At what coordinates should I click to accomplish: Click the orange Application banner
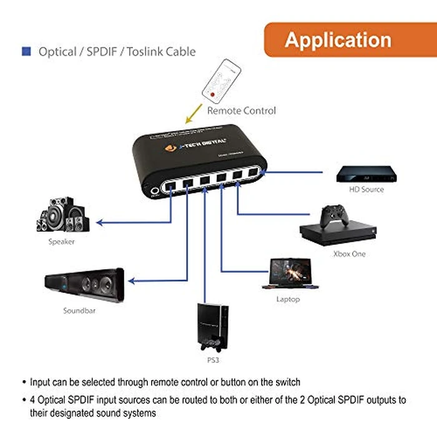pos(338,39)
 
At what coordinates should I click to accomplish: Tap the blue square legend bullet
pos(26,51)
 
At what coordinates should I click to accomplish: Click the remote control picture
pos(222,81)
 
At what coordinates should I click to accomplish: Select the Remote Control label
pos(242,110)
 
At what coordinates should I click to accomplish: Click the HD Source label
pos(366,189)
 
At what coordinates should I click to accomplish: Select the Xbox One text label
pos(350,254)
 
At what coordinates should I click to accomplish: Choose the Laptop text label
pos(288,299)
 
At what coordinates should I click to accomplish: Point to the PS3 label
pos(212,361)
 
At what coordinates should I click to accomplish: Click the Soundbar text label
pos(79,310)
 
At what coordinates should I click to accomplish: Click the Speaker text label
pos(62,242)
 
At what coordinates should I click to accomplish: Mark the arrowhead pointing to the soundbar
pos(132,282)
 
